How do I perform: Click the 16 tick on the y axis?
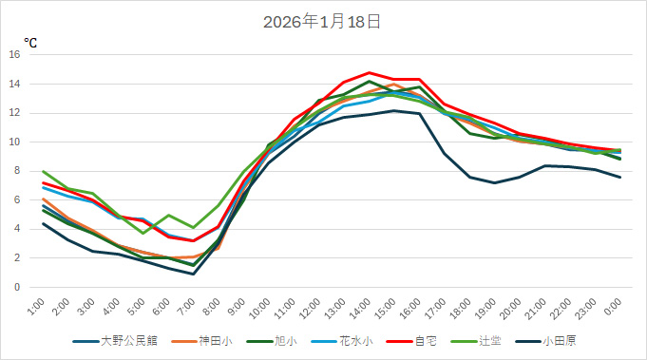coord(14,55)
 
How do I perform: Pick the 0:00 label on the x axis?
coord(615,306)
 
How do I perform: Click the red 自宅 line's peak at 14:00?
coord(370,73)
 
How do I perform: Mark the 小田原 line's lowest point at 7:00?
coord(194,274)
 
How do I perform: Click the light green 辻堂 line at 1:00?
coord(44,171)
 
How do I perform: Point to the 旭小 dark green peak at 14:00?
coord(370,82)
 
